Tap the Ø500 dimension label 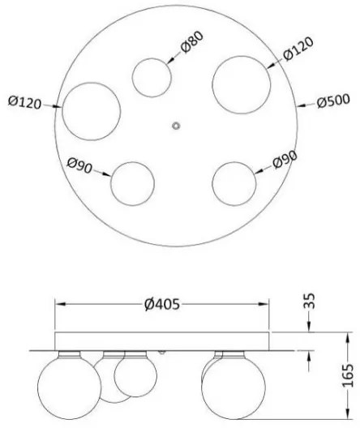(332, 103)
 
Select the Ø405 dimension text (161, 304)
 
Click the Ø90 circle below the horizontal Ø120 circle (133, 182)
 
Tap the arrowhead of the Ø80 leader (169, 61)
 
